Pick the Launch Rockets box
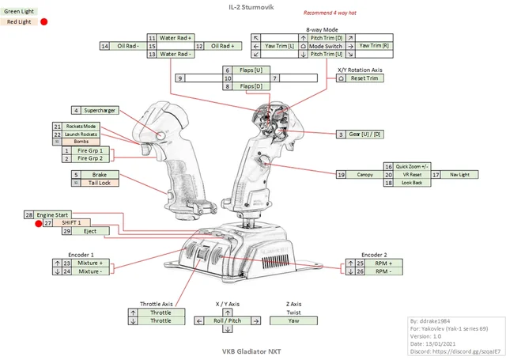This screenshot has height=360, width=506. (81, 135)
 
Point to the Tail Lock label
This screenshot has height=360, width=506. (98, 183)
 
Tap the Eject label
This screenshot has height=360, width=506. (90, 231)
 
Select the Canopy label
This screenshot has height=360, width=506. (364, 174)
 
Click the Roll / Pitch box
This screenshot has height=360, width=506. (227, 320)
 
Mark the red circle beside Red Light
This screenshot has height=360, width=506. (44, 22)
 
